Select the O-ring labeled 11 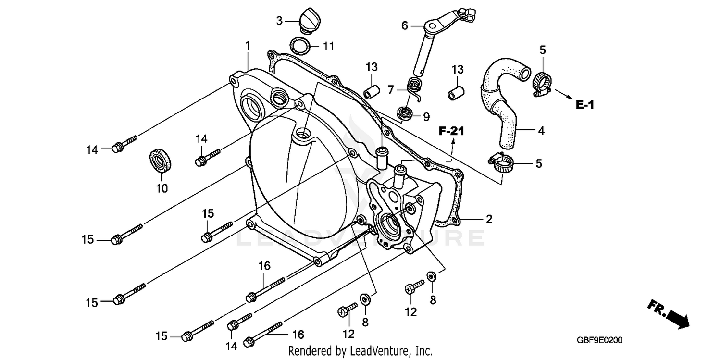tap(300, 47)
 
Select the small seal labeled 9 tap(405, 114)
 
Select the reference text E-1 tap(584, 104)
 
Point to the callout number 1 tap(248, 46)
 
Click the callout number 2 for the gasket tap(489, 220)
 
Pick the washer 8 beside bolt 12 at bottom tap(365, 299)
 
